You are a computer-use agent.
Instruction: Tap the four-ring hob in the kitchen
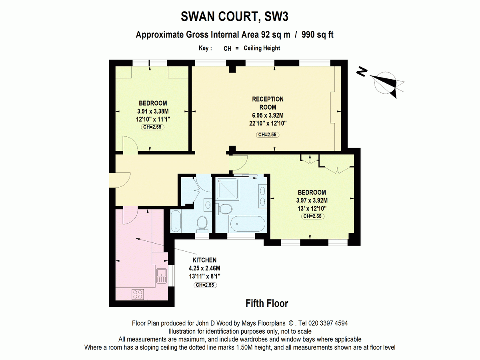[138, 294]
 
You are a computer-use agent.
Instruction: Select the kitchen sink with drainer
[162, 276]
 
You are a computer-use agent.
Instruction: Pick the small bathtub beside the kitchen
[176, 221]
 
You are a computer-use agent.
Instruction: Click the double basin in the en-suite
[263, 196]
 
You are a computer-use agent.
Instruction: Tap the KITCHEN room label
[204, 260]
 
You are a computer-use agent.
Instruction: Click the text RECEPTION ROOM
[268, 103]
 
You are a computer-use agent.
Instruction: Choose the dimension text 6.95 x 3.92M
[268, 115]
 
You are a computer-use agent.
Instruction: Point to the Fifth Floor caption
[267, 303]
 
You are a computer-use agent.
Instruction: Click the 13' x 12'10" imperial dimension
[312, 208]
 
